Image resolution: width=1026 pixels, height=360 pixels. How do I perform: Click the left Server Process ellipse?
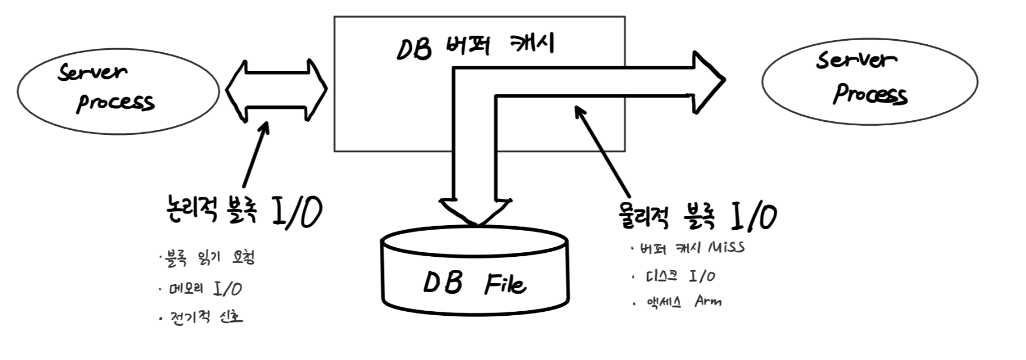pos(118,91)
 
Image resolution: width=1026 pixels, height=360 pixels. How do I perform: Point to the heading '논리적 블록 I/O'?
pos(242,211)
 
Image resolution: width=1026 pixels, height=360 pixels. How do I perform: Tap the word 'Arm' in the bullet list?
pos(708,301)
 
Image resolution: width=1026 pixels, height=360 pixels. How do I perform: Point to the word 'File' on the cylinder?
pos(505,283)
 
